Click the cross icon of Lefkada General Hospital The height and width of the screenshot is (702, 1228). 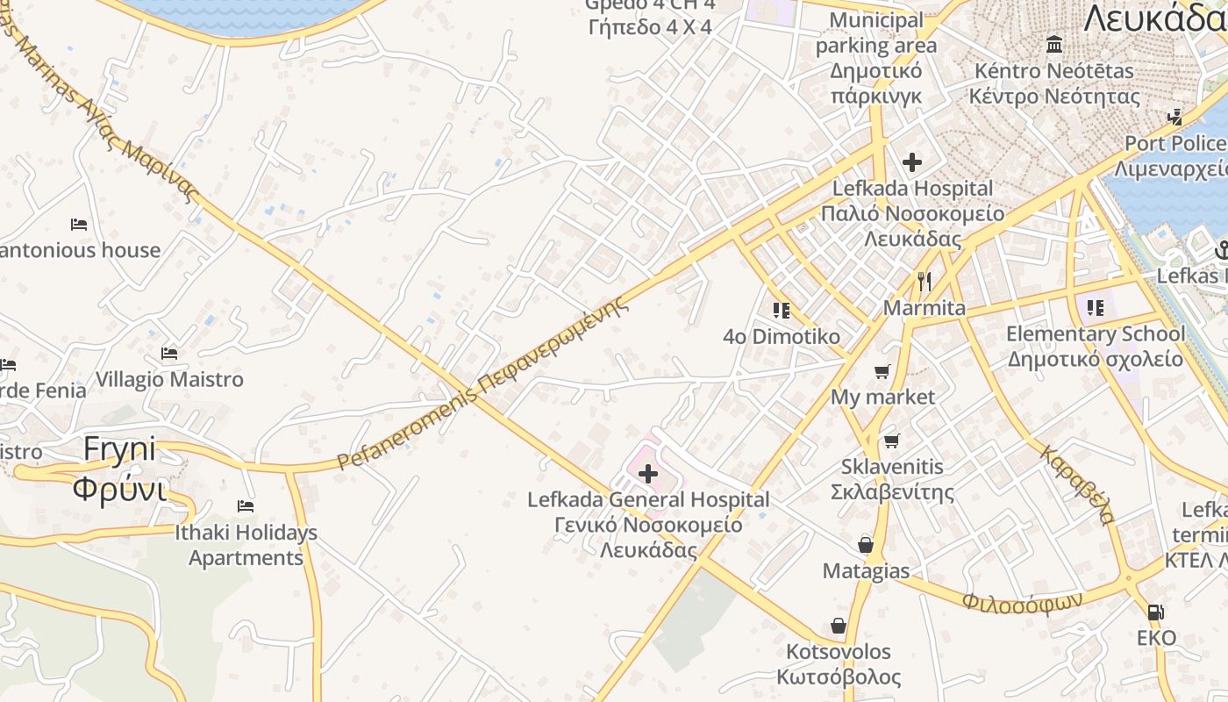click(x=648, y=475)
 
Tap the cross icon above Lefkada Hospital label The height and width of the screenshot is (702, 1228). click(x=912, y=162)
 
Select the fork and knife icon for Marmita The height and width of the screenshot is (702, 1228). click(x=924, y=281)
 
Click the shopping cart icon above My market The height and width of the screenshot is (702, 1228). click(x=882, y=371)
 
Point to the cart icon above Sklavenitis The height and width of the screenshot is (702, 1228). click(x=892, y=441)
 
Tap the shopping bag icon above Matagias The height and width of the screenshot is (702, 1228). click(x=866, y=545)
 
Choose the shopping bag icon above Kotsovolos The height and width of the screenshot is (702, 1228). click(x=839, y=626)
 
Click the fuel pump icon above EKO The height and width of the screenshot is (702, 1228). click(x=1156, y=612)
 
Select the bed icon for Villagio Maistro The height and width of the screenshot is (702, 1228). click(x=169, y=354)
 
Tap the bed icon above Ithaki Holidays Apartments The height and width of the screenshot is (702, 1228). click(x=246, y=506)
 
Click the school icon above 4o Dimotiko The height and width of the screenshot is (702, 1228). click(x=782, y=310)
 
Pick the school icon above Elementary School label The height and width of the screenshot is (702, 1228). click(x=1095, y=307)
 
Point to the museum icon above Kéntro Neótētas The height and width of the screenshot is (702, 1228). click(x=1054, y=44)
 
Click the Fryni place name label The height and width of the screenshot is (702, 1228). click(x=119, y=449)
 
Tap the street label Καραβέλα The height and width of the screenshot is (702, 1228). click(x=1077, y=484)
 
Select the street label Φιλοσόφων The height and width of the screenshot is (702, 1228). click(x=1021, y=602)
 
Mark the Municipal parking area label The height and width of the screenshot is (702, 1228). click(x=875, y=32)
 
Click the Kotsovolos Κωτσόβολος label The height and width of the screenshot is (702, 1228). click(x=839, y=664)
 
